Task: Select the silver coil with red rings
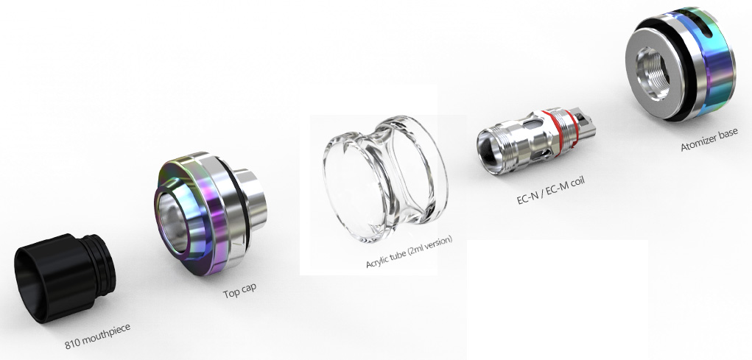point(535,139)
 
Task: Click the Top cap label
point(239,291)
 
